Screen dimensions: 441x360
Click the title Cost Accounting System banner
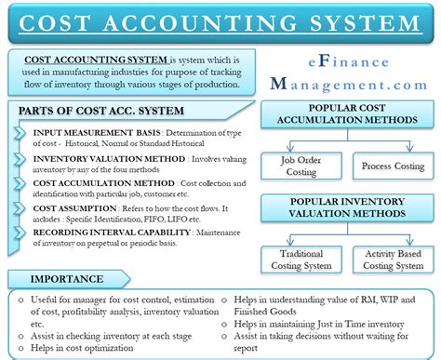(220, 20)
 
